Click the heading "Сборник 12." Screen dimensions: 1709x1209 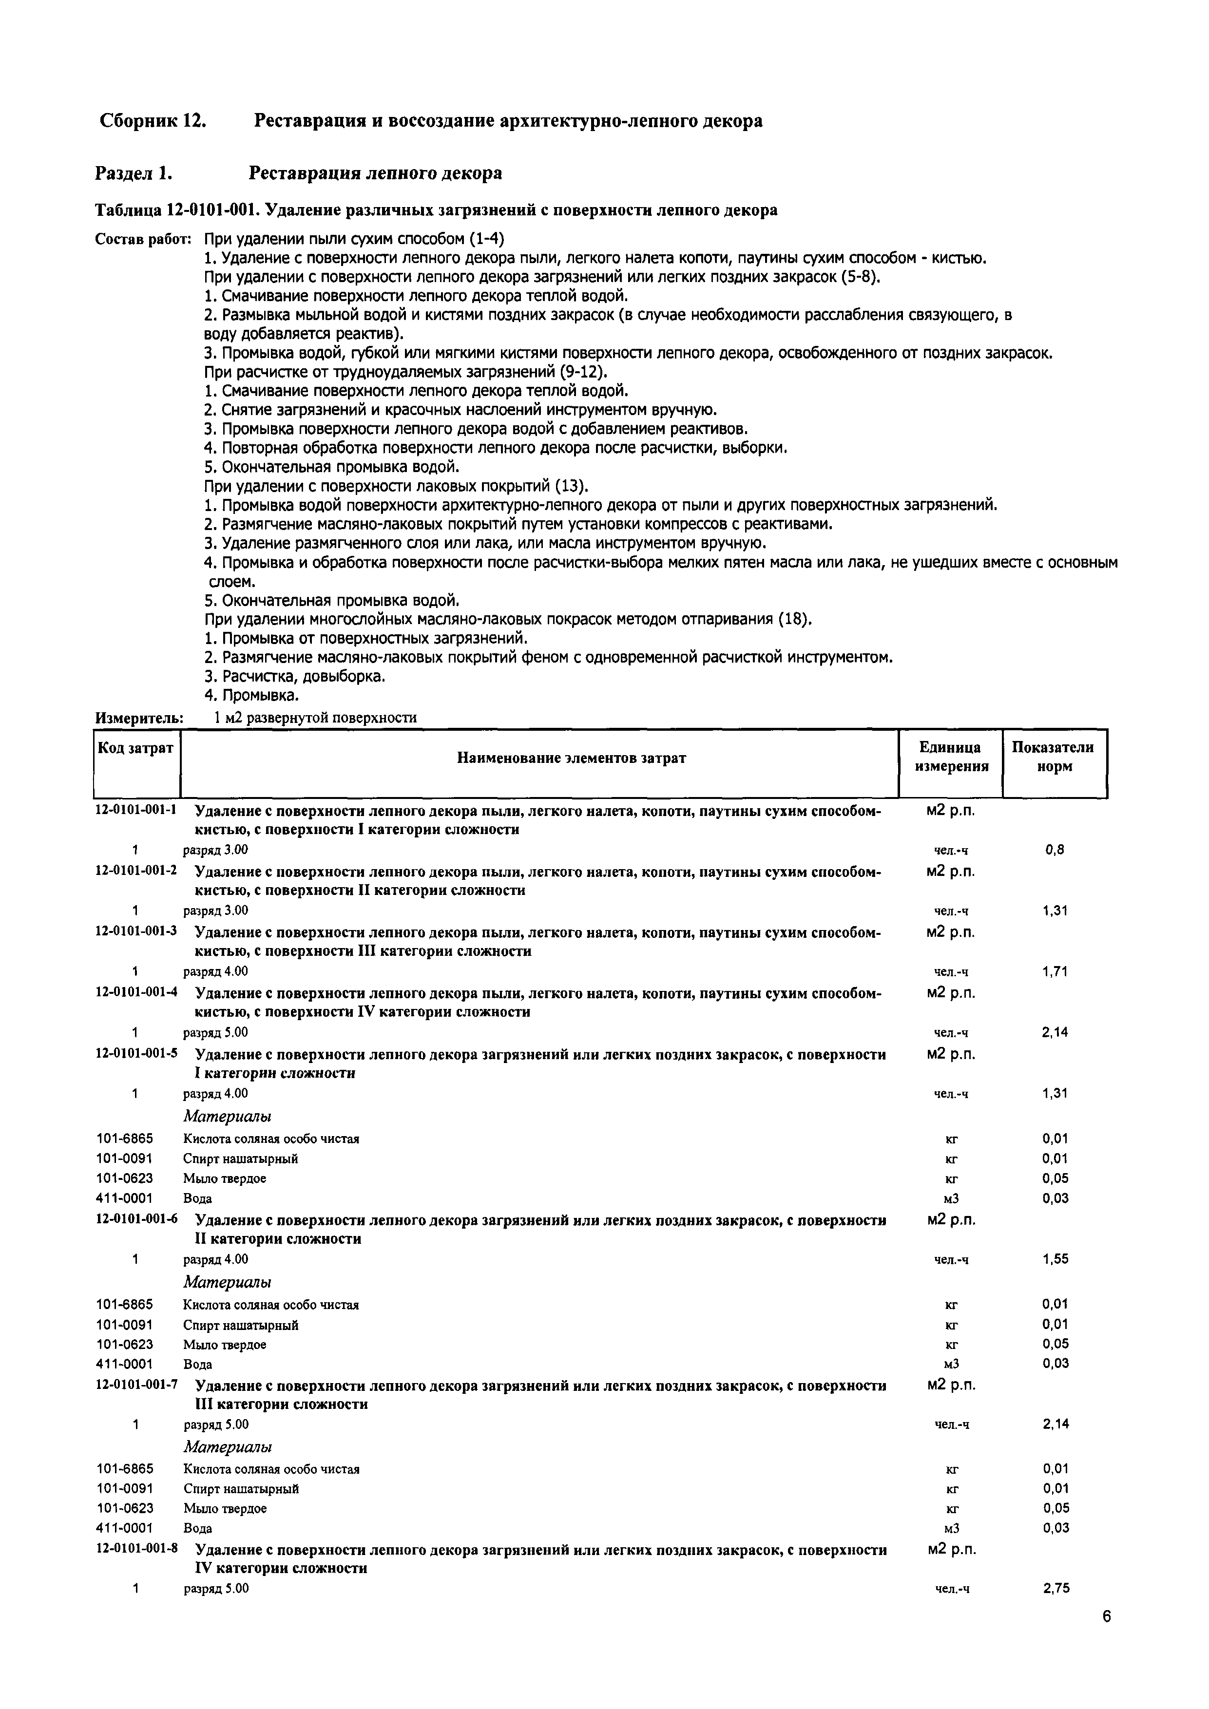tap(153, 121)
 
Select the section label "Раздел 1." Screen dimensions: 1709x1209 tap(134, 173)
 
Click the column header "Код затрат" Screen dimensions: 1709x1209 tap(135, 747)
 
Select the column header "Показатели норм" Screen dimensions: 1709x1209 tap(1054, 757)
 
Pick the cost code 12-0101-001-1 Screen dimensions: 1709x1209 tap(136, 810)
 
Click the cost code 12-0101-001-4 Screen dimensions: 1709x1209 tap(136, 992)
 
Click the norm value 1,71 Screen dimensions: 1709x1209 tap(1055, 971)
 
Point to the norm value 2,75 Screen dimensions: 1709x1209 tap(1055, 1588)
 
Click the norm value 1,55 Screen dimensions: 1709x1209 tap(1055, 1259)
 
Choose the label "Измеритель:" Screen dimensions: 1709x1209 tap(139, 718)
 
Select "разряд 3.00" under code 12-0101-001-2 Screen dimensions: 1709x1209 tap(216, 911)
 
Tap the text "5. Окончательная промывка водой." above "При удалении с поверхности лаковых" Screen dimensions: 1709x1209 tap(331, 467)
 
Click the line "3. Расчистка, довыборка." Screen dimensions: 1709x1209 tap(295, 677)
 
